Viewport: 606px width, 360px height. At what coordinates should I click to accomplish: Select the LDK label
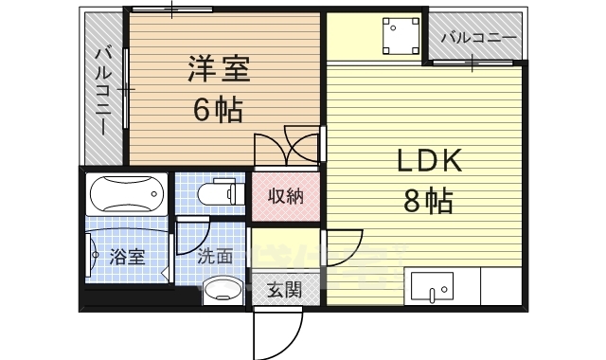[x=427, y=161]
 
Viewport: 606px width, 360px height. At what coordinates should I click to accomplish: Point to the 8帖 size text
[x=428, y=201]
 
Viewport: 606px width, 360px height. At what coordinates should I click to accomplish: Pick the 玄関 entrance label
[x=283, y=288]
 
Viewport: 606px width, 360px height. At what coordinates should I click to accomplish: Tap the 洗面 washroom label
[x=215, y=256]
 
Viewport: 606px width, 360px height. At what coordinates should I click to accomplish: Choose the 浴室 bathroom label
[x=126, y=256]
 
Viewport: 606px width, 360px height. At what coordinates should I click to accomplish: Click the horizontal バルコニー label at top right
[x=479, y=39]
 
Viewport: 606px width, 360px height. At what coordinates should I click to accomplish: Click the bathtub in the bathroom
[x=124, y=197]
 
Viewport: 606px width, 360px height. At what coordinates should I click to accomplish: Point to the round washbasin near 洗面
[x=223, y=288]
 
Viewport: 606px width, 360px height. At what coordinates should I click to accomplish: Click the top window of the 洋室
[x=172, y=9]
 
